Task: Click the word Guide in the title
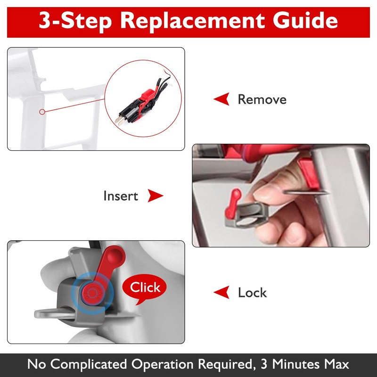point(305,21)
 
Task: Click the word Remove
point(262,99)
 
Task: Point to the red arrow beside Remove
point(222,99)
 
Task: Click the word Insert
point(121,196)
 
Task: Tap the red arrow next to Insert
point(156,196)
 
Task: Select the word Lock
point(252,293)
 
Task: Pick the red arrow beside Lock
point(221,292)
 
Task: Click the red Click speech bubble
point(145,288)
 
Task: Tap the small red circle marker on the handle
point(42,112)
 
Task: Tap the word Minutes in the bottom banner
point(296,364)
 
